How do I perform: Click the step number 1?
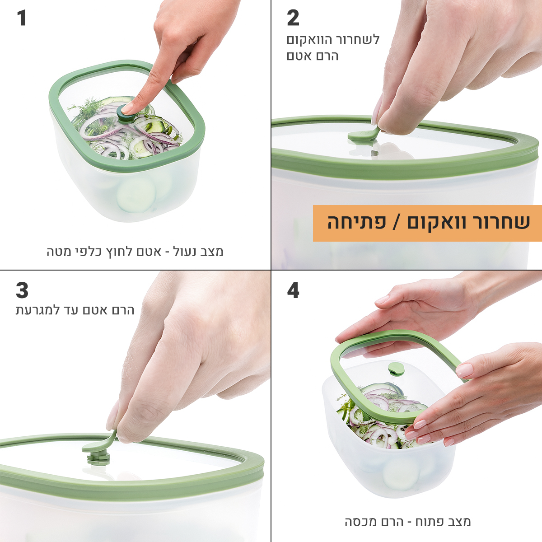pos(22,18)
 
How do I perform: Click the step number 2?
pos(293,18)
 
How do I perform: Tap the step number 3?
pos(22,290)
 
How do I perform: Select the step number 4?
pos(293,290)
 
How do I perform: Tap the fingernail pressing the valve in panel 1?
pos(128,108)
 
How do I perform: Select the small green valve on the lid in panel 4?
pos(396,369)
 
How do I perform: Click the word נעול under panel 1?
pos(185,252)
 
